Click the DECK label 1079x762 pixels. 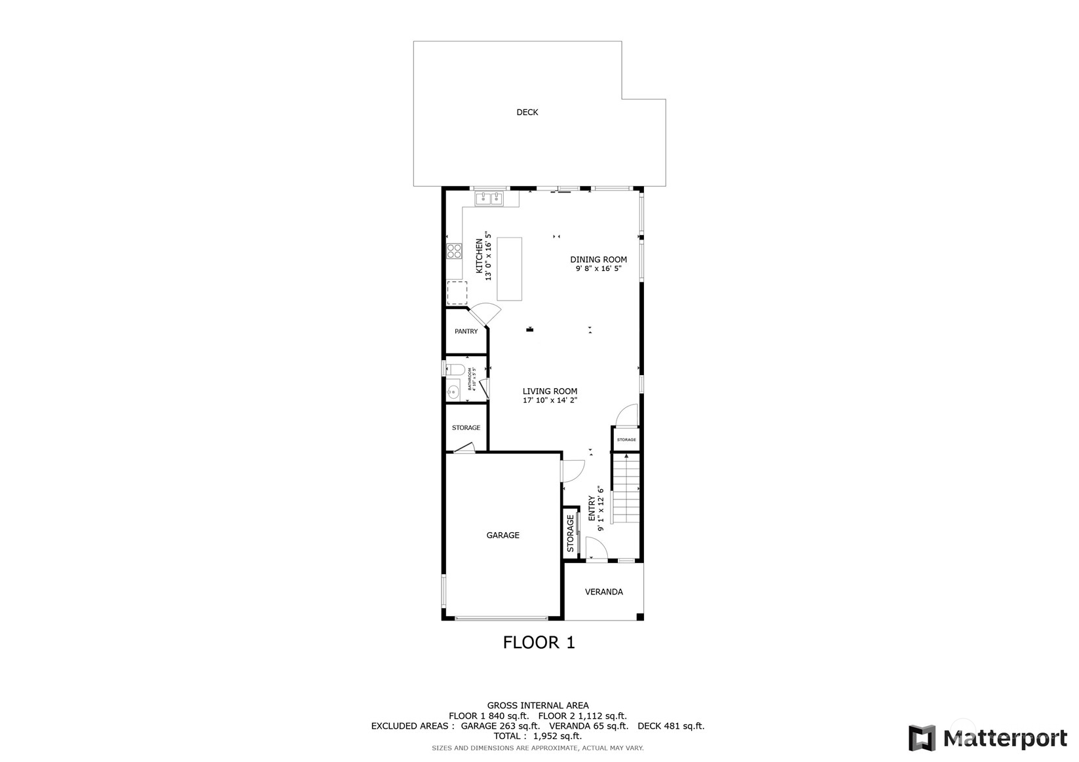[x=527, y=113]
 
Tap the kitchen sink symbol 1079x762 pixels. [x=489, y=198]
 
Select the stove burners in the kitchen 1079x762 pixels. [x=454, y=250]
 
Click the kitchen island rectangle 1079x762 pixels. [x=509, y=268]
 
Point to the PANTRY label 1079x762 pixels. [x=466, y=331]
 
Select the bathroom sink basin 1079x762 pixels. [x=453, y=392]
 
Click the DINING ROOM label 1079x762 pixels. [x=598, y=260]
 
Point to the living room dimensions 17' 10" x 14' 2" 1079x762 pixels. [x=550, y=400]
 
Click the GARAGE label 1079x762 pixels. [x=502, y=535]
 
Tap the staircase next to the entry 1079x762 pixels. [x=626, y=490]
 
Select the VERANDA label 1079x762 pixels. [x=603, y=592]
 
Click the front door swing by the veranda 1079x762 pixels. [x=596, y=547]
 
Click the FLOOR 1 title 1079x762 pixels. [x=539, y=643]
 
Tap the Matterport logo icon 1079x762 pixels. [x=922, y=738]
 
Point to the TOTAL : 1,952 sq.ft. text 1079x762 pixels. [x=538, y=736]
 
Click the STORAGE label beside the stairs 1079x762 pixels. [x=626, y=440]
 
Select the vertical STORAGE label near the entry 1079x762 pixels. [x=570, y=533]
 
